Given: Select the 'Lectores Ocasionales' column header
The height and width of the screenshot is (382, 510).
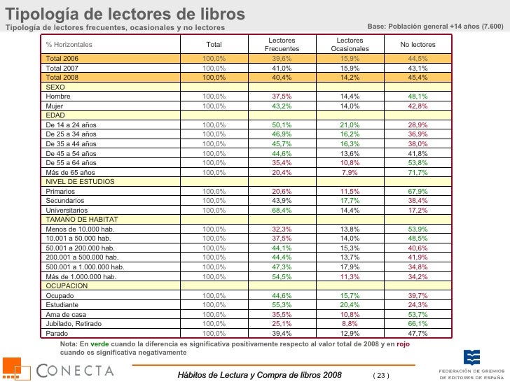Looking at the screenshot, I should click(350, 45).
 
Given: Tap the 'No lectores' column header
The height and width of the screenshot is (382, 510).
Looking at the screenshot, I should click(418, 45).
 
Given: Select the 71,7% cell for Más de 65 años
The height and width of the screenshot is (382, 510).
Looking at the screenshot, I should click(418, 172).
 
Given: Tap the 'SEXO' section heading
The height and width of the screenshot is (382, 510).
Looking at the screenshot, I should click(55, 87).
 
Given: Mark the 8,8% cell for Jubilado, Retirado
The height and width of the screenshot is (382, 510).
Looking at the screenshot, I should click(350, 324).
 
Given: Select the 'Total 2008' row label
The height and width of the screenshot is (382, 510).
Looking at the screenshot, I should click(62, 77).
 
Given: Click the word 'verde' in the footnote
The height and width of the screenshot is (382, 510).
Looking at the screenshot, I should click(100, 345).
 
